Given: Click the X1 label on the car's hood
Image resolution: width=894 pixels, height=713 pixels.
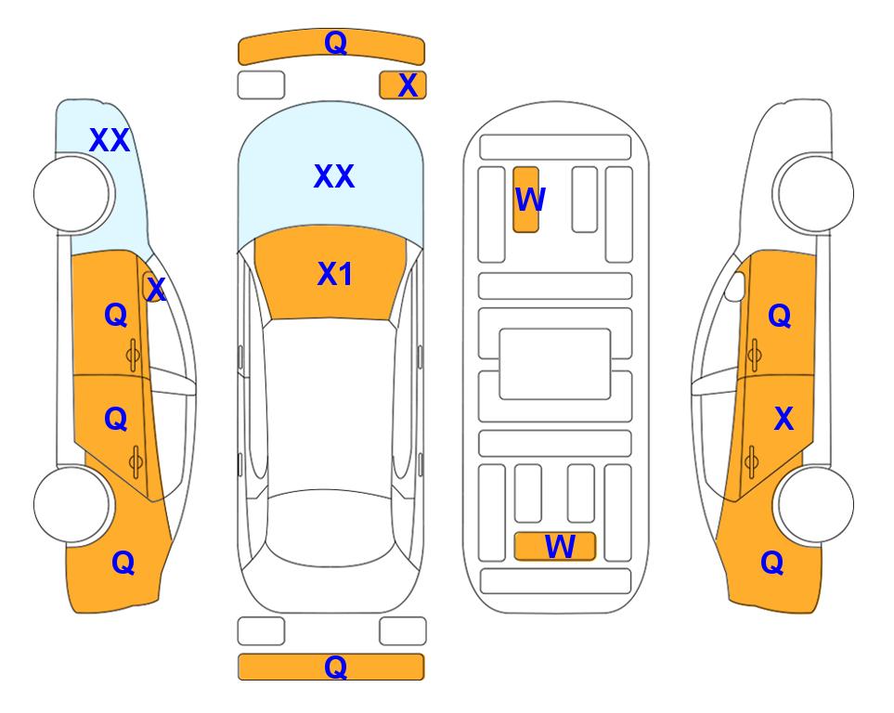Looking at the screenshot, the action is [x=335, y=274].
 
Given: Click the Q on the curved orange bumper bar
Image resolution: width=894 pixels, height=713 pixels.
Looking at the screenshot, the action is [x=336, y=42].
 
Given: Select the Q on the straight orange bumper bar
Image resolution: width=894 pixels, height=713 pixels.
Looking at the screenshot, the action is [x=336, y=667].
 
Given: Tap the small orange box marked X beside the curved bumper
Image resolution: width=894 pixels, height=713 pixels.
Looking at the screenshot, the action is [x=403, y=85].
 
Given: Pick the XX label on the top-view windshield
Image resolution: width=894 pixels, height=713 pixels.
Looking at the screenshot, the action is [x=334, y=176].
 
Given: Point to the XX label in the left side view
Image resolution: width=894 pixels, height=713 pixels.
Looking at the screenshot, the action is [x=110, y=140].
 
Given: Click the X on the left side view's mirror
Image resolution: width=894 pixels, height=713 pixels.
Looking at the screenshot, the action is [x=156, y=290].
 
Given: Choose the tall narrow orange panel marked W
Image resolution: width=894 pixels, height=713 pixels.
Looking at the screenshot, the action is [x=525, y=200].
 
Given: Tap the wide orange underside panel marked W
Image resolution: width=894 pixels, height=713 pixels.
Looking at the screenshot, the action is [x=555, y=547].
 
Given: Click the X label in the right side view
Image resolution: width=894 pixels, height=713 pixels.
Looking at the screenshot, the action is [x=784, y=419].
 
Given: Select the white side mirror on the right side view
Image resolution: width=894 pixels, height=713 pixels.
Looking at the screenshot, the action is [x=735, y=286].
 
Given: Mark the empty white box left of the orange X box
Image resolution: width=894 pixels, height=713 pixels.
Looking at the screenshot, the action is [x=261, y=85].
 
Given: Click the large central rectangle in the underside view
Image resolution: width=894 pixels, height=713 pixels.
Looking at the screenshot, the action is [x=555, y=364].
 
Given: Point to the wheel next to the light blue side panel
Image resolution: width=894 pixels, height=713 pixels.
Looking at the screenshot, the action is [x=72, y=194].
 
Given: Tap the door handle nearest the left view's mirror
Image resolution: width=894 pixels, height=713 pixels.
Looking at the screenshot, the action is [x=133, y=356].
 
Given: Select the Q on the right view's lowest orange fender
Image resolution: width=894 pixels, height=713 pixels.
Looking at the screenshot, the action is [x=772, y=563].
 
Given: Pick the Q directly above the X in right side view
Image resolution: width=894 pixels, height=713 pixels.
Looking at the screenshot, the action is [x=780, y=316].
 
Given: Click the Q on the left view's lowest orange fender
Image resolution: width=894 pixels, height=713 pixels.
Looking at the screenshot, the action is [x=123, y=563].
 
